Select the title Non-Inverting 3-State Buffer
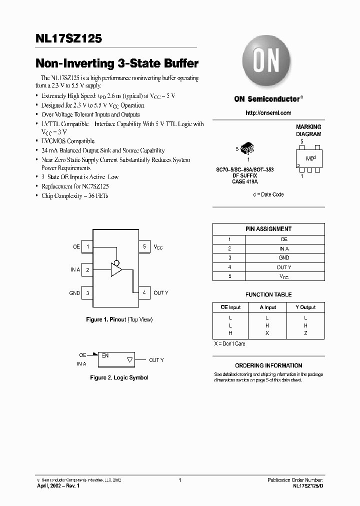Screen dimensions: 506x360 116,64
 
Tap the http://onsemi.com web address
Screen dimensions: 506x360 268,113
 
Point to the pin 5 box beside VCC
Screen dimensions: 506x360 144,246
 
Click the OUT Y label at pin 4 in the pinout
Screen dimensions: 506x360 161,293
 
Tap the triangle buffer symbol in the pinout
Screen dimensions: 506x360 116,270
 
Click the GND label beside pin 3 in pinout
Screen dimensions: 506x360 74,293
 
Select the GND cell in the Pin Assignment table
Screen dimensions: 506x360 283,258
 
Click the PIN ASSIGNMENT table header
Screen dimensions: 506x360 268,229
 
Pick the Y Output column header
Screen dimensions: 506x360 305,307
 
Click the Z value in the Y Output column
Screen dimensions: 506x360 305,333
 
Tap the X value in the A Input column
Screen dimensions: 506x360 267,333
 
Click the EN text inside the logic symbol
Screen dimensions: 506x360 105,355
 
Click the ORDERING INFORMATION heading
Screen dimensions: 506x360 268,365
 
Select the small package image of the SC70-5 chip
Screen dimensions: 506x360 248,148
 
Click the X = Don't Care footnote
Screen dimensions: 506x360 229,344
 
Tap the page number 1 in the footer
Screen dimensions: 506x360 179,480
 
